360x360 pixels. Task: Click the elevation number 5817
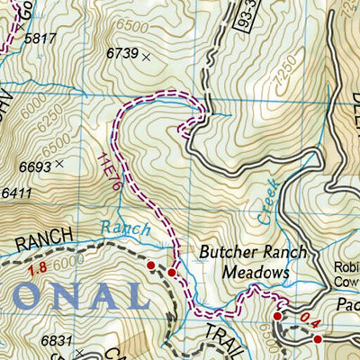41,40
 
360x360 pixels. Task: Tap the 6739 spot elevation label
121,55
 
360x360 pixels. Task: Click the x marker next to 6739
146,56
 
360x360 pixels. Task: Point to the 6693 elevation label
35,166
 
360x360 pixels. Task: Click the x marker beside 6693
59,165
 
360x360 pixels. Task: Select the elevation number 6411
17,193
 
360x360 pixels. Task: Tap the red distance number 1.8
36,269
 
